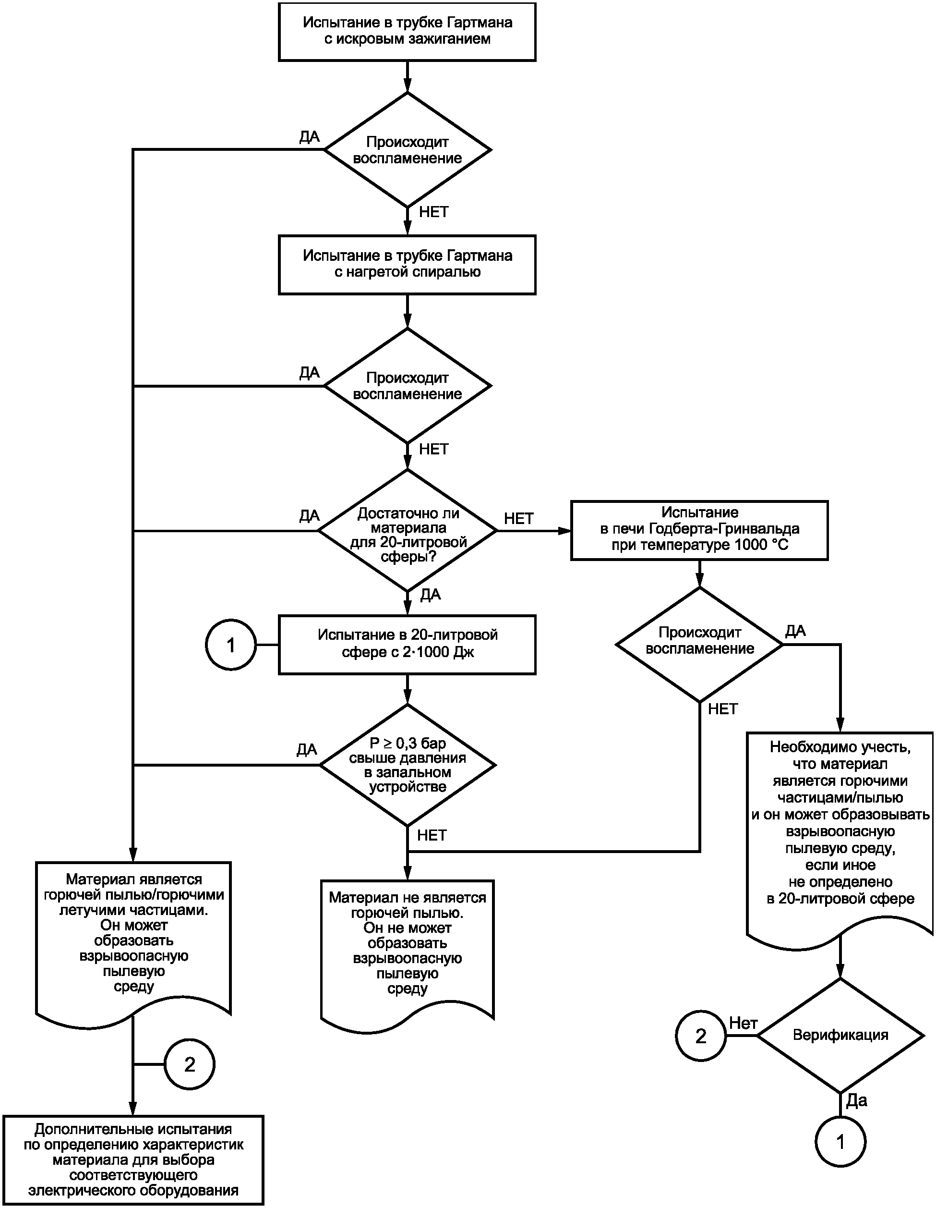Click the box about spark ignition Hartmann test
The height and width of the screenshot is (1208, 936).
click(407, 32)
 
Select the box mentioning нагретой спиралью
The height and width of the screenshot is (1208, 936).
click(407, 264)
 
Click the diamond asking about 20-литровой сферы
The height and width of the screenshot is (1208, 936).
click(408, 530)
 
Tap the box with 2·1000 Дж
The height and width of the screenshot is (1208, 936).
click(407, 645)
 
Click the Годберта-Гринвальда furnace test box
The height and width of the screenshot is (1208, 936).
click(699, 530)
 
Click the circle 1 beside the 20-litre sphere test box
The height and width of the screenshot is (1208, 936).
click(231, 645)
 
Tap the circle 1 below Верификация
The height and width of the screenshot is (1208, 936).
click(840, 1142)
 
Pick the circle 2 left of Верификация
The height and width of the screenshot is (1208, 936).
click(700, 1036)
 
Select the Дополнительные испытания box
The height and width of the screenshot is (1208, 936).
click(133, 1159)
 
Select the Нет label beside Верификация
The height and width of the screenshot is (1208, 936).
click(743, 1023)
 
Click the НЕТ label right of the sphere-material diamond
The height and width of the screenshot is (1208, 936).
click(518, 518)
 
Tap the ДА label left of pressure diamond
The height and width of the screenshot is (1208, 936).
click(307, 749)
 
